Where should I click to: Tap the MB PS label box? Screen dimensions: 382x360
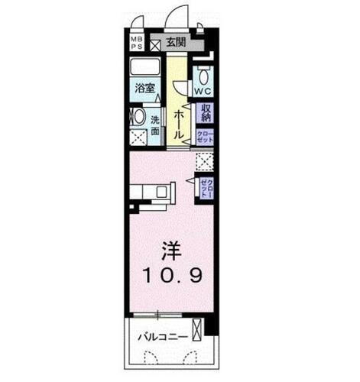click(x=135, y=43)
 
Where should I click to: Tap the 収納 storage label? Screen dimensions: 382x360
click(x=205, y=114)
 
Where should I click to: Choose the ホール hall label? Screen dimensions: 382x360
click(x=179, y=123)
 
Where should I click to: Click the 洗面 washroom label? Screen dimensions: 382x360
click(x=155, y=124)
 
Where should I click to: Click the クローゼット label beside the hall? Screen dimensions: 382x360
click(x=205, y=138)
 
